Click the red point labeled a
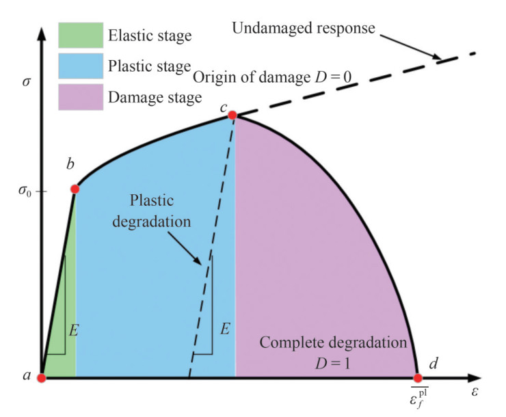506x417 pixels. coord(42,378)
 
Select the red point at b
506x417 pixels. coord(75,189)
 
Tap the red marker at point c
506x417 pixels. coord(232,115)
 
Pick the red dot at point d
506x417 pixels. coord(418,377)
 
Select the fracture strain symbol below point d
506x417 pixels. coord(416,399)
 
